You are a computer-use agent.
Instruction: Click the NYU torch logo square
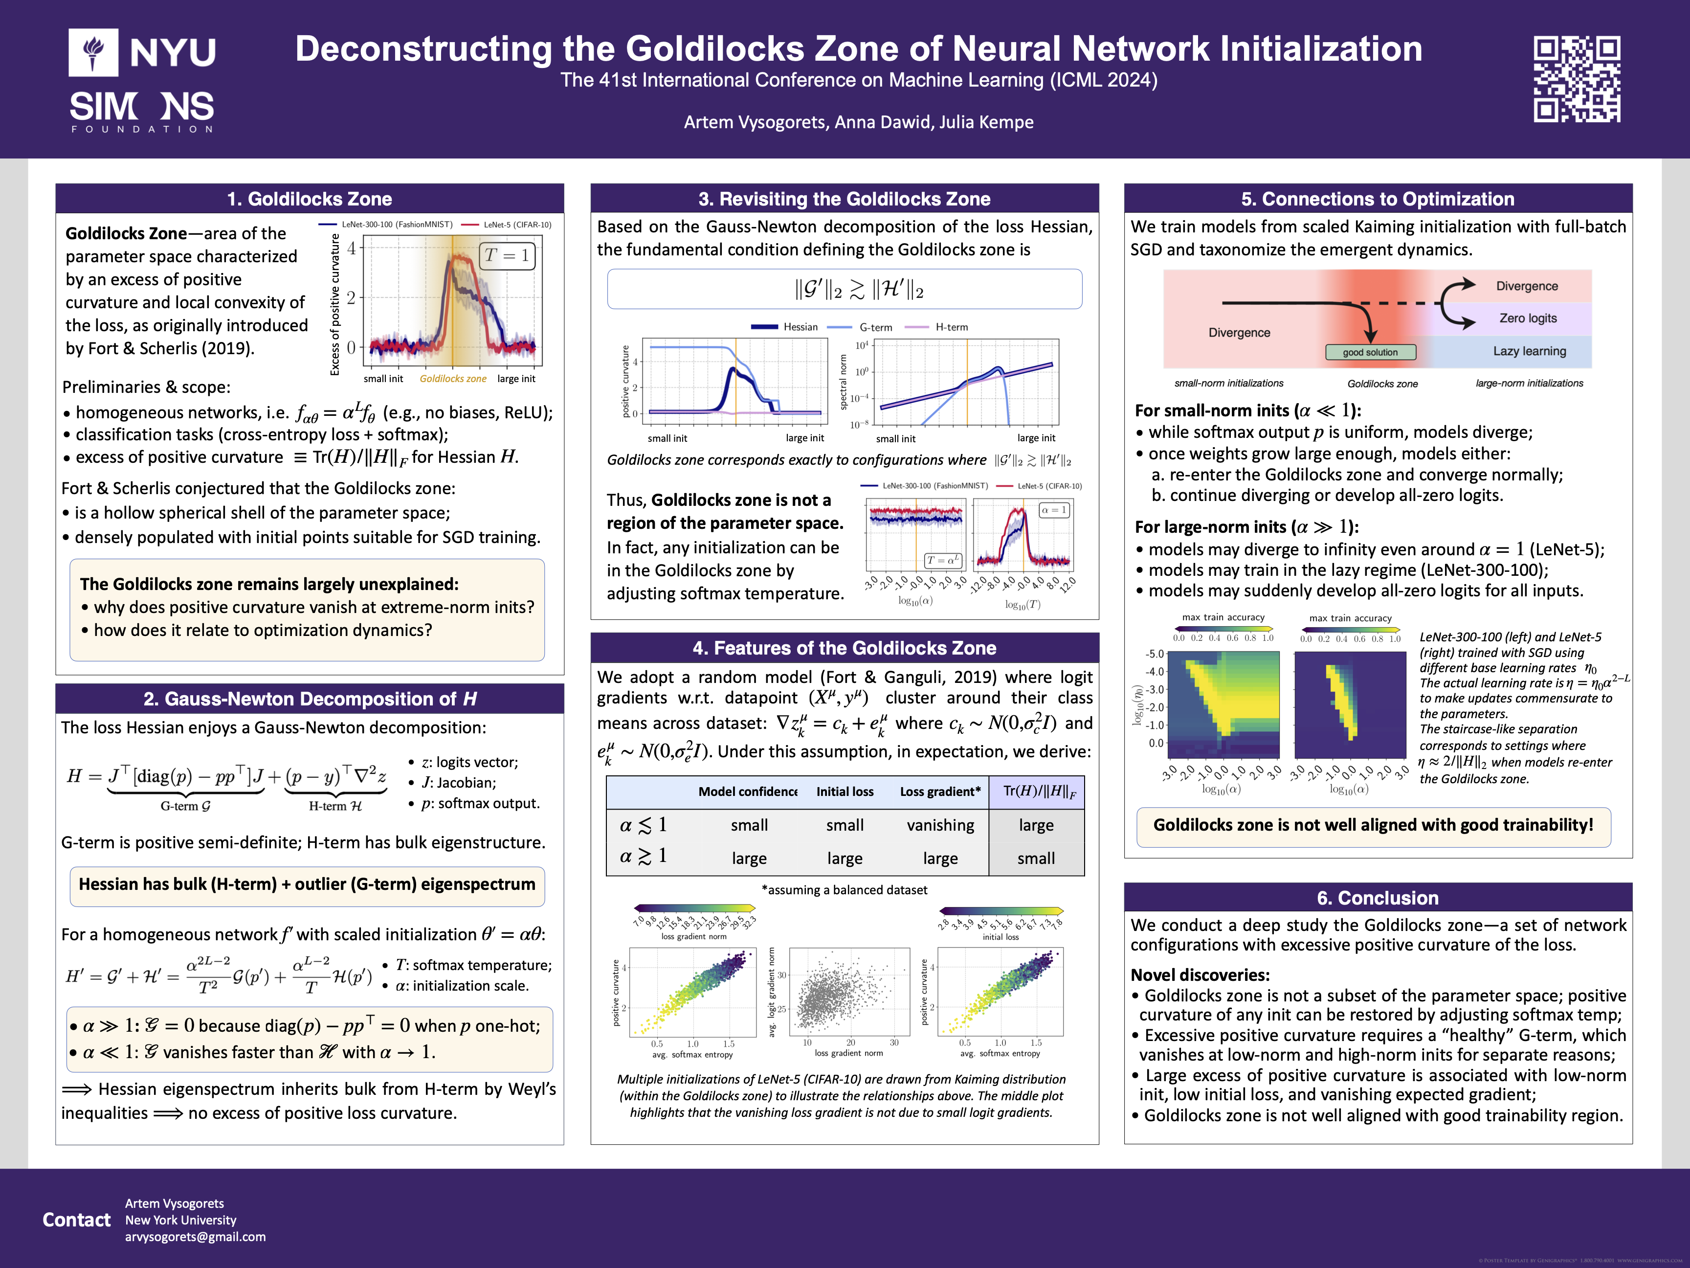[x=93, y=52]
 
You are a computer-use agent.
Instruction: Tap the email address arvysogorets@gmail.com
[x=196, y=1237]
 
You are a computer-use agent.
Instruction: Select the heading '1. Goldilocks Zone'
[x=310, y=199]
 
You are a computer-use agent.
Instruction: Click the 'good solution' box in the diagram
[x=1370, y=352]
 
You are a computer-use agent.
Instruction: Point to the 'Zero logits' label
[x=1527, y=318]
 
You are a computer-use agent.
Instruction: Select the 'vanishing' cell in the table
[x=940, y=825]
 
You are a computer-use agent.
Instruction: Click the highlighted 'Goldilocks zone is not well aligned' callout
[x=1373, y=825]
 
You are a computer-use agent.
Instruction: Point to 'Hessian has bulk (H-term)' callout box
[x=307, y=884]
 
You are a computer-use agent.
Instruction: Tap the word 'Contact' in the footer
[x=76, y=1220]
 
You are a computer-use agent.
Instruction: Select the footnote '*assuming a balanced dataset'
[x=844, y=890]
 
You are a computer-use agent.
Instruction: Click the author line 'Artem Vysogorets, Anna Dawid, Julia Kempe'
[x=858, y=122]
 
